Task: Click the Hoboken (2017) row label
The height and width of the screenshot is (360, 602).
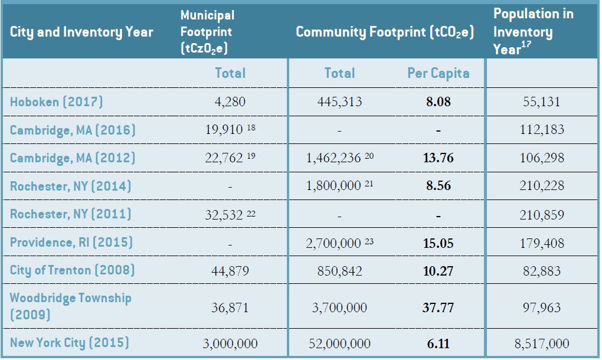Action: pyautogui.click(x=57, y=102)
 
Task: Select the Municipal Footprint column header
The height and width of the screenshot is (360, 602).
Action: pyautogui.click(x=207, y=32)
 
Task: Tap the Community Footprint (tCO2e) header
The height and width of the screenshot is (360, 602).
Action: pyautogui.click(x=385, y=32)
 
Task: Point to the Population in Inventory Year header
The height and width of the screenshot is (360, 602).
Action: pyautogui.click(x=533, y=32)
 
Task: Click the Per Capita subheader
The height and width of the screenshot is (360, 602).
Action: pyautogui.click(x=438, y=73)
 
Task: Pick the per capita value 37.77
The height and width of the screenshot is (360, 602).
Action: pyautogui.click(x=438, y=307)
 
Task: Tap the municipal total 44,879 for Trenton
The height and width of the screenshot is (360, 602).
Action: pyautogui.click(x=230, y=271)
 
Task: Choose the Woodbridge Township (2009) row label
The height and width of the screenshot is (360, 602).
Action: pyautogui.click(x=71, y=306)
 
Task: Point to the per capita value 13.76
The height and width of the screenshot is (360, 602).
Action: pyautogui.click(x=438, y=158)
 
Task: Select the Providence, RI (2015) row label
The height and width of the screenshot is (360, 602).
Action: pyautogui.click(x=71, y=242)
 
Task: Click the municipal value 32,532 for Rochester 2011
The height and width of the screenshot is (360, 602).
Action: pyautogui.click(x=224, y=214)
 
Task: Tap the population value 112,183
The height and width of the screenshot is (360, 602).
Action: pyautogui.click(x=541, y=130)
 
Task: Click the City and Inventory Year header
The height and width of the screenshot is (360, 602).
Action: pyautogui.click(x=82, y=32)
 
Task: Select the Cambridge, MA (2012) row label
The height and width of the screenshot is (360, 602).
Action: pyautogui.click(x=73, y=158)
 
